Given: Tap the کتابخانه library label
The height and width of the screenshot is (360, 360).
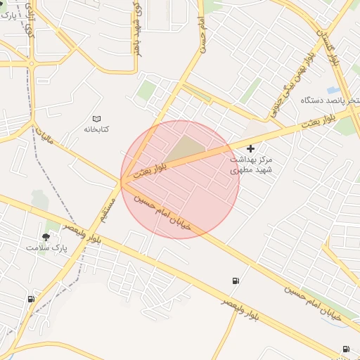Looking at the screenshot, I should pyautogui.click(x=98, y=129).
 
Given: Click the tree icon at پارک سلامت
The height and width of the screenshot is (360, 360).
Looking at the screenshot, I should pyautogui.click(x=46, y=237).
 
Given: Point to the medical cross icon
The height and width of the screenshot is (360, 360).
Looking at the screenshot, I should pyautogui.click(x=251, y=148).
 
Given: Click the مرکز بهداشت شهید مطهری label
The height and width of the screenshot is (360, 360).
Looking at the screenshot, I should pyautogui.click(x=250, y=165).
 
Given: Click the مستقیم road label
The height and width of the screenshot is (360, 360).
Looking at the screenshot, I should pyautogui.click(x=108, y=207).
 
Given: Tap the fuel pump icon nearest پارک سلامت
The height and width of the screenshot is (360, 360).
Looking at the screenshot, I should pyautogui.click(x=31, y=299).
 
